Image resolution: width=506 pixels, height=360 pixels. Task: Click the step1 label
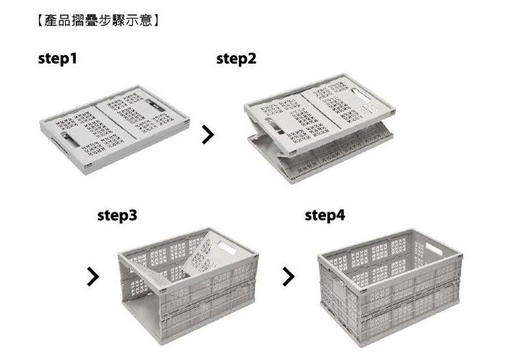(57, 59)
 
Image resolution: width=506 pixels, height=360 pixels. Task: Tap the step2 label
(236, 59)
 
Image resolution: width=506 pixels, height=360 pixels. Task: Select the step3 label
(117, 215)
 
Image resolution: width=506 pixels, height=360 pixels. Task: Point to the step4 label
(325, 215)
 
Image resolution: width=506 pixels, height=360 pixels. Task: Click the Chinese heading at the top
(98, 21)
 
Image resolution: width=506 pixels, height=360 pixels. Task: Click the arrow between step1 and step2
(208, 134)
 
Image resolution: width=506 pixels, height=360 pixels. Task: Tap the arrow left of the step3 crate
(93, 276)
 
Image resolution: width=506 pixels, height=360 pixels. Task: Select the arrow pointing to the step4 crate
(288, 276)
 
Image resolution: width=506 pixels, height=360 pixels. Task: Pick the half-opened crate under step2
(320, 129)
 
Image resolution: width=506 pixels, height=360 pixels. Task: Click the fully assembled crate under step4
(390, 287)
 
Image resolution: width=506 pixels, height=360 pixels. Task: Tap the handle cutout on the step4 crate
(434, 249)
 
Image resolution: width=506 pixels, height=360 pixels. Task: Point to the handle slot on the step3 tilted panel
(226, 248)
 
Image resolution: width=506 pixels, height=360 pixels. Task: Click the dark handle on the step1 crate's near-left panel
(69, 139)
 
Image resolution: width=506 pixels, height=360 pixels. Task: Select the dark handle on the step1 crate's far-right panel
(155, 105)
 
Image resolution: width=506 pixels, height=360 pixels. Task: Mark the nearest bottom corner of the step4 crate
(361, 346)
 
